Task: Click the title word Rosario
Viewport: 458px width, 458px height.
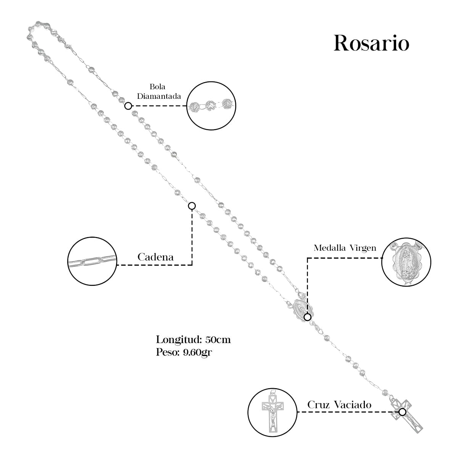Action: (371, 43)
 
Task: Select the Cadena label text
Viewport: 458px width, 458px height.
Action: (155, 257)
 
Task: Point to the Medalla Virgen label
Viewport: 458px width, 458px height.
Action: (345, 248)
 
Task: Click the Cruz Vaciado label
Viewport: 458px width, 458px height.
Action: (339, 405)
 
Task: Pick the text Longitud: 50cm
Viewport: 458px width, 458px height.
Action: (193, 339)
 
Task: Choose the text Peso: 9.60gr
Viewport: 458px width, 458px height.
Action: (184, 352)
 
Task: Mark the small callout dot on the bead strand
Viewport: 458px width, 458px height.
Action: (129, 106)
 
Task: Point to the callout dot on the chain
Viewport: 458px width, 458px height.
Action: (192, 206)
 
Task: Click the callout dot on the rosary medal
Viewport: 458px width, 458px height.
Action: (307, 317)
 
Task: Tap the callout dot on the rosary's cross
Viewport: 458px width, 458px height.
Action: (402, 412)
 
